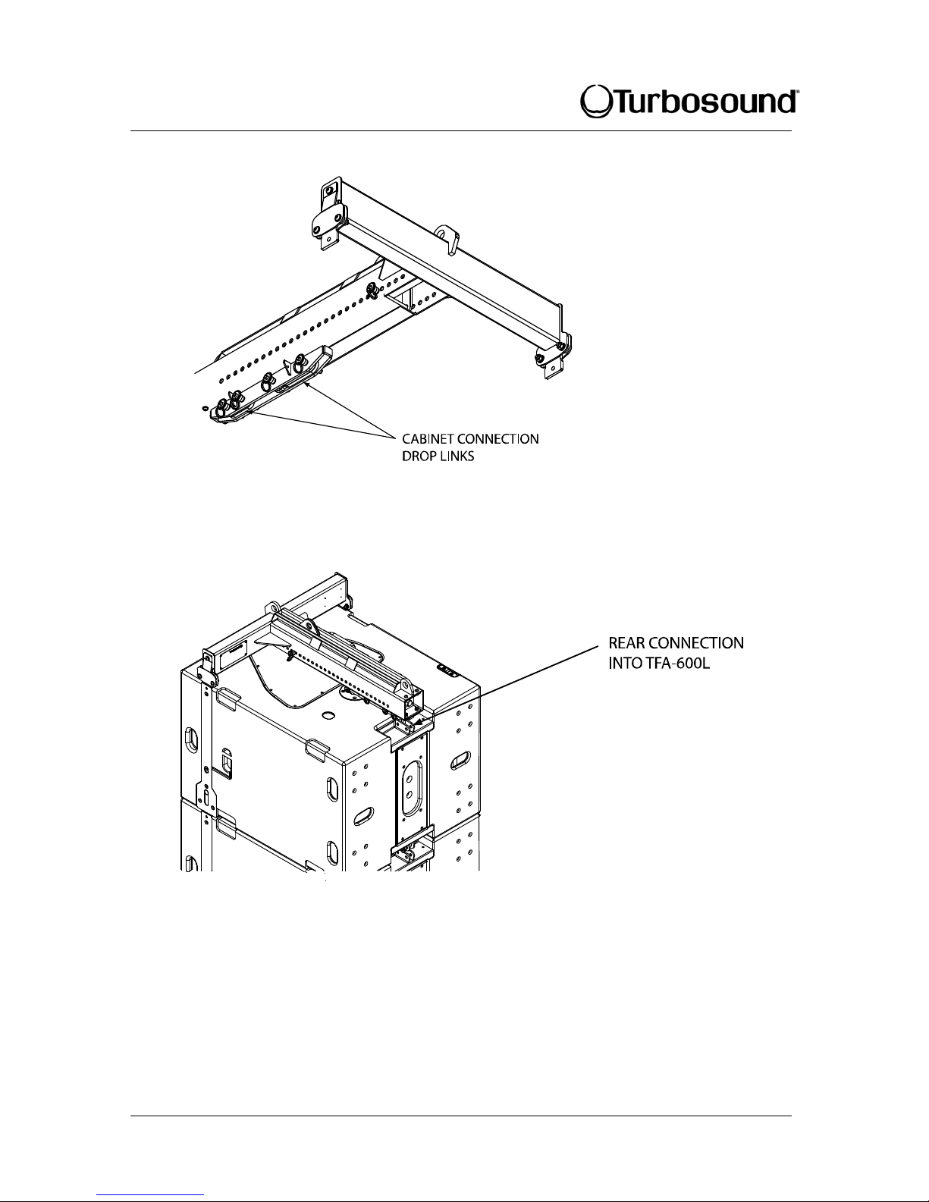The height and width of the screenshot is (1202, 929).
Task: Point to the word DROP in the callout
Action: click(x=416, y=458)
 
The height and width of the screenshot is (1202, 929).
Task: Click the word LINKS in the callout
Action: click(x=455, y=458)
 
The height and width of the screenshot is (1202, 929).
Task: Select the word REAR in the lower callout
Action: click(x=628, y=643)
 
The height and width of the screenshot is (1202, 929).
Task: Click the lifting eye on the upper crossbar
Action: click(x=446, y=235)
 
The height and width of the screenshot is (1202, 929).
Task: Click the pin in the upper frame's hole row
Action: click(x=372, y=288)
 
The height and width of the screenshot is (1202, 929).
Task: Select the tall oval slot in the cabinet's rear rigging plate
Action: click(x=410, y=793)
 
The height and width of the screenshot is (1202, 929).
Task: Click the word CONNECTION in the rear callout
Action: click(x=696, y=643)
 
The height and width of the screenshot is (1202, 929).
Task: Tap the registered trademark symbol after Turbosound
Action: click(x=794, y=93)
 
